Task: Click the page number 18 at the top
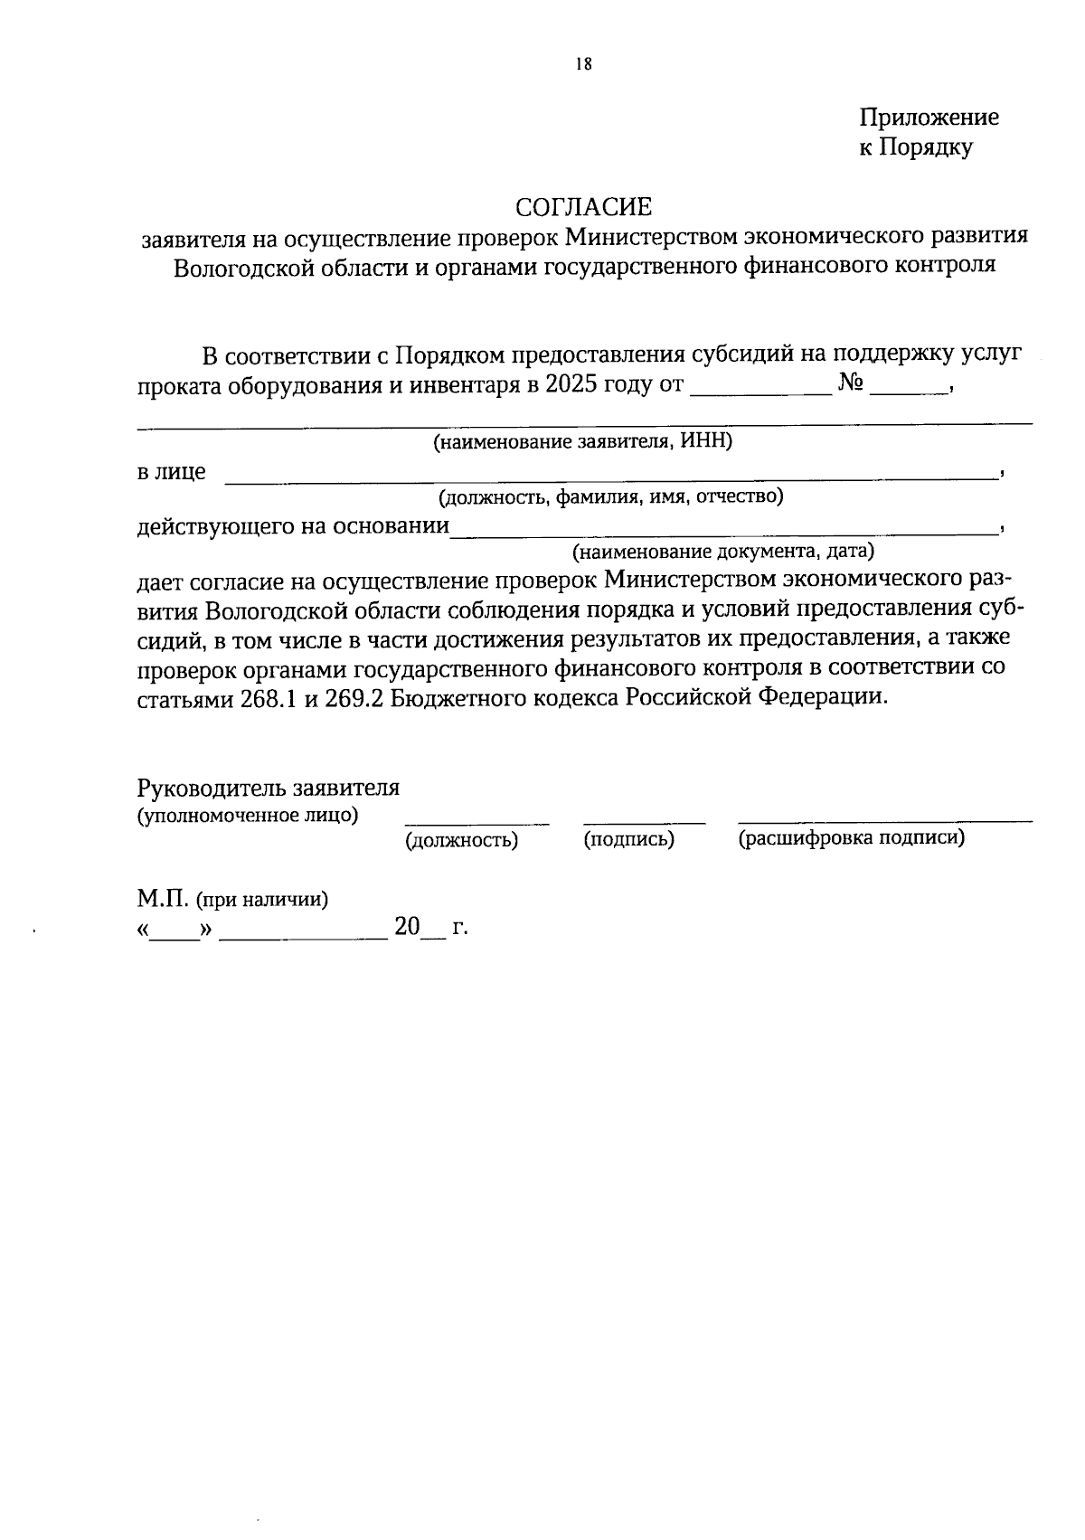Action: click(x=583, y=64)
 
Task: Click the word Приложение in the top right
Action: click(x=929, y=118)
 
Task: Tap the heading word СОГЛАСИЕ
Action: click(x=583, y=208)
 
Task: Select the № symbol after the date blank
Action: click(x=851, y=383)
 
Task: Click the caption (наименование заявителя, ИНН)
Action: click(x=583, y=442)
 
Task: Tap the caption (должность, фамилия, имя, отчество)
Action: click(x=610, y=496)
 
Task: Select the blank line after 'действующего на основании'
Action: click(x=723, y=530)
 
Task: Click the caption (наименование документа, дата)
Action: click(x=722, y=551)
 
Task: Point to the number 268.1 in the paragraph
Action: click(x=269, y=698)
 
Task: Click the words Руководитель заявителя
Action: click(x=269, y=788)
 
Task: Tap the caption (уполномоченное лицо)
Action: click(x=247, y=816)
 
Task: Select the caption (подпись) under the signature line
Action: click(x=629, y=839)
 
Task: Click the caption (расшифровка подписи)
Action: click(x=851, y=838)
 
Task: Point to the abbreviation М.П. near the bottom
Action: click(x=161, y=900)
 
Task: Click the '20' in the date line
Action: click(x=407, y=927)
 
